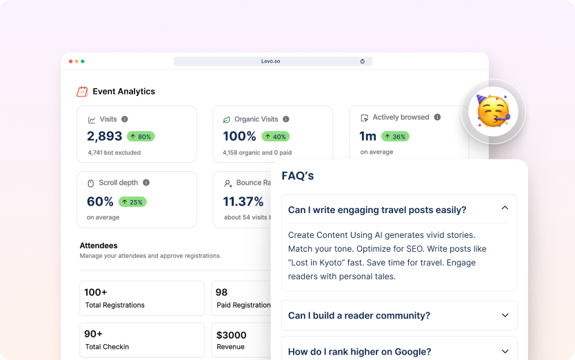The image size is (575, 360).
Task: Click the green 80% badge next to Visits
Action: [140, 137]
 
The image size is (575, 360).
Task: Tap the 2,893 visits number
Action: [104, 137]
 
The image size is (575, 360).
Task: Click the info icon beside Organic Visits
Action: [286, 119]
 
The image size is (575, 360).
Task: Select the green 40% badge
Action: [276, 137]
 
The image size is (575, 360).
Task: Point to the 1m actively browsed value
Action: [367, 136]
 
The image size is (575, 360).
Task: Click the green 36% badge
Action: [395, 137]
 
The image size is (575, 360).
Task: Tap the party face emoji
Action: [493, 111]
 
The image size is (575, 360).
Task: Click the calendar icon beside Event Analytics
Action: [82, 91]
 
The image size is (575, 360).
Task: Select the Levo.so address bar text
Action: [271, 61]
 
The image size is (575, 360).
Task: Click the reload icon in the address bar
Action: [363, 61]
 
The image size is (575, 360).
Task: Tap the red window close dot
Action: [70, 61]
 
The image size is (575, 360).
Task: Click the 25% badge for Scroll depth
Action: [132, 202]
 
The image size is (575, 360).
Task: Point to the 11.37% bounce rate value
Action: [243, 201]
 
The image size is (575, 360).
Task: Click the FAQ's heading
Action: [298, 176]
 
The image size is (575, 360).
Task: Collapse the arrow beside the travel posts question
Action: [505, 208]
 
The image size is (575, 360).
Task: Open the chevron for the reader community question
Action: [505, 315]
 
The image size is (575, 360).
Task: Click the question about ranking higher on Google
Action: [359, 352]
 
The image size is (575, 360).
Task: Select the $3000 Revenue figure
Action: [231, 334]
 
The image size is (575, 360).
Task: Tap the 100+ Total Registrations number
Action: [96, 292]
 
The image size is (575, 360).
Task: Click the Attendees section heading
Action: [99, 246]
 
